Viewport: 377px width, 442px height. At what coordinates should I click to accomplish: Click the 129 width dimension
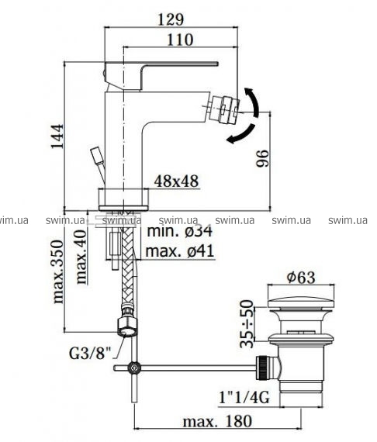171,19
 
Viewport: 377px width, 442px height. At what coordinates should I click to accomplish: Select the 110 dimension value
180,40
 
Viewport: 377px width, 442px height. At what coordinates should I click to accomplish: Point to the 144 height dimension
57,136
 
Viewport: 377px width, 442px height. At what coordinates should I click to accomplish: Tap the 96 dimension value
262,158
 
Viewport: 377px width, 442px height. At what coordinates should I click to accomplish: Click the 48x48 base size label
176,181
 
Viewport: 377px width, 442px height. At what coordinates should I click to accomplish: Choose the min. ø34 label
180,231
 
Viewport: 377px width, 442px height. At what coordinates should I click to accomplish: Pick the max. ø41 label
180,250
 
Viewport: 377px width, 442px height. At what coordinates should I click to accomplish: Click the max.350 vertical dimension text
58,271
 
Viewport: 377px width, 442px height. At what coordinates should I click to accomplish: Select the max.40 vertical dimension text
81,257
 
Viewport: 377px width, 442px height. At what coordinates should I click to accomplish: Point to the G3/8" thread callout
90,354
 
